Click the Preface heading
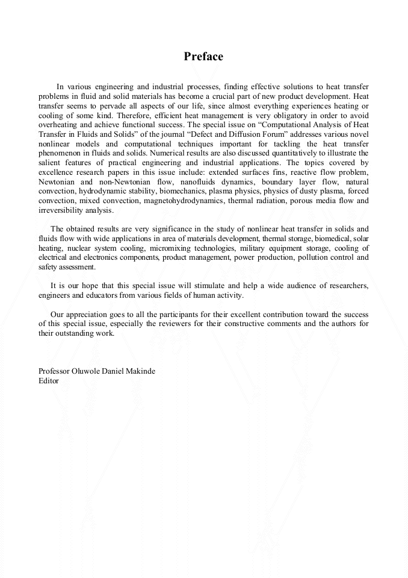[x=203, y=57]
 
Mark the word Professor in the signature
[x=55, y=371]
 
